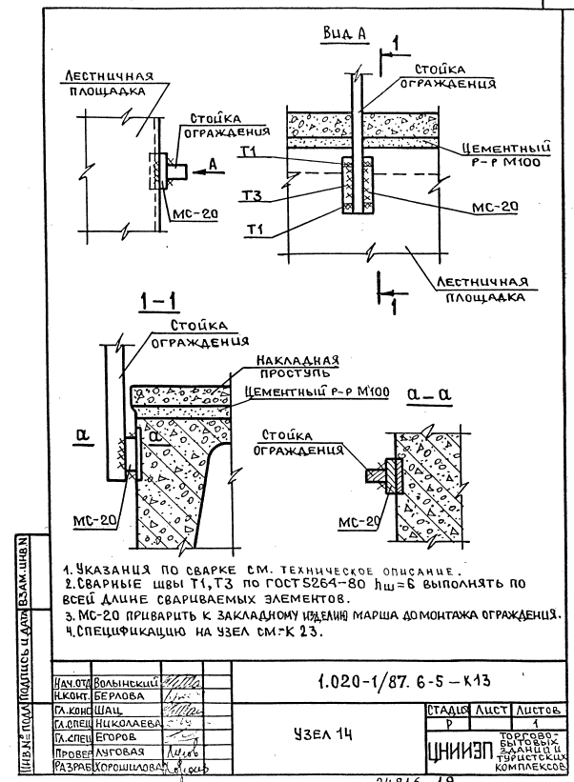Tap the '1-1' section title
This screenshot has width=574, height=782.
pyautogui.click(x=156, y=304)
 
